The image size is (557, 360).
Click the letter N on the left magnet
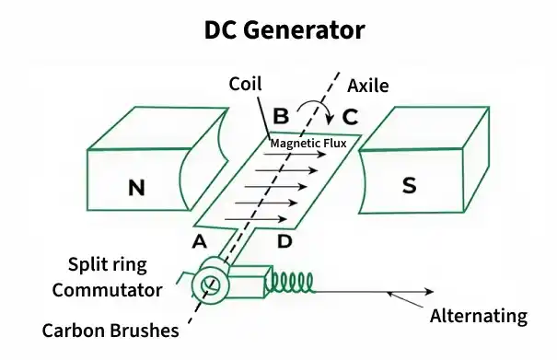coord(136,188)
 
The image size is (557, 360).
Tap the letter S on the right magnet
coord(411,185)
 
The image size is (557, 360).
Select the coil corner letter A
coord(197,241)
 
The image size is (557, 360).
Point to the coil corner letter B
coord(282,117)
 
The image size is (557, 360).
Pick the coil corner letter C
coord(350,117)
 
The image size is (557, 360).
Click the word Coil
coord(246,84)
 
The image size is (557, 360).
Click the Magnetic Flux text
coord(308,143)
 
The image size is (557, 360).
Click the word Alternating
coord(479,316)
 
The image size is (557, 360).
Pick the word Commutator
coord(107,290)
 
